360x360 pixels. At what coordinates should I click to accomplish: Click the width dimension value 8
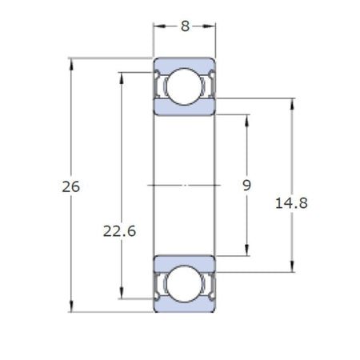(185, 26)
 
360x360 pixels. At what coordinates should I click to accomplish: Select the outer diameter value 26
(71, 186)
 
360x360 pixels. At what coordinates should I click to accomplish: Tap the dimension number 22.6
(120, 231)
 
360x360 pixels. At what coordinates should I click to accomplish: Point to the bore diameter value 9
(247, 185)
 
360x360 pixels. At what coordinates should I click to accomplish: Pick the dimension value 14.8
(291, 203)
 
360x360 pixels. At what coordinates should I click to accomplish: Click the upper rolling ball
(185, 86)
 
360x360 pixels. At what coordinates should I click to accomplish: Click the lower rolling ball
(185, 284)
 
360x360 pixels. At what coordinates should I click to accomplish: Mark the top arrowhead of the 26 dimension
(71, 64)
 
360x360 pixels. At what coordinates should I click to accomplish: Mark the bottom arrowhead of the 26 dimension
(71, 306)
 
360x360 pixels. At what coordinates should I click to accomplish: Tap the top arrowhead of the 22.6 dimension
(122, 78)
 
